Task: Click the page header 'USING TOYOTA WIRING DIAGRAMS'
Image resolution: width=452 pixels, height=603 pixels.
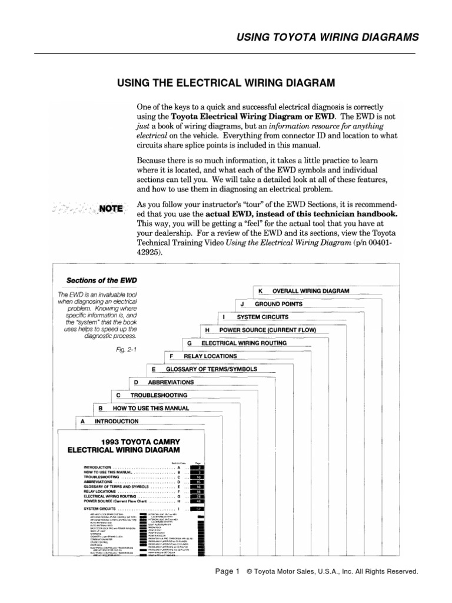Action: click(x=328, y=38)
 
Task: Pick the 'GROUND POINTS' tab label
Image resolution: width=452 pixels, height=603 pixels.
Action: click(x=278, y=304)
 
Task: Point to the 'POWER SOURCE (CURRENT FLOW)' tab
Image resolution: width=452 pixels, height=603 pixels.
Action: click(x=267, y=330)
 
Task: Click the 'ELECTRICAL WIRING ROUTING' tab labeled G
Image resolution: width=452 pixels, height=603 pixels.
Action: click(x=244, y=343)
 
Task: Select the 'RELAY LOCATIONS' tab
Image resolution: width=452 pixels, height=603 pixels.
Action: click(x=210, y=356)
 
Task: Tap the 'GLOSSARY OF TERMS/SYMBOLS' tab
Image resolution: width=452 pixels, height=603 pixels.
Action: click(x=211, y=369)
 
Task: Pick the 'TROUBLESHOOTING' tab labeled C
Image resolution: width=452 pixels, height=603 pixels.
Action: click(x=158, y=395)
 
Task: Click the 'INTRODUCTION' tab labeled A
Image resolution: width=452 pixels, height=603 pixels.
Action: click(x=117, y=421)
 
